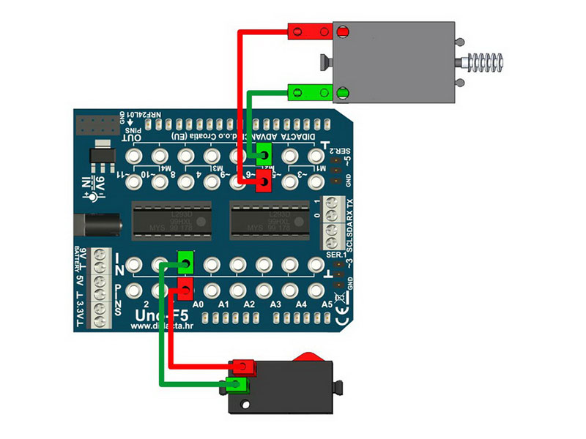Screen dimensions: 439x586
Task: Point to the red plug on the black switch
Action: tap(241, 366)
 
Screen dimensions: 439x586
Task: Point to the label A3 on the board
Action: tap(276, 304)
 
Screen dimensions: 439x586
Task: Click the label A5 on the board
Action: tap(327, 303)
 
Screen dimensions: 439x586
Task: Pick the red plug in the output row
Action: tap(263, 182)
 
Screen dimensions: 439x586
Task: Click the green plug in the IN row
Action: tap(186, 260)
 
